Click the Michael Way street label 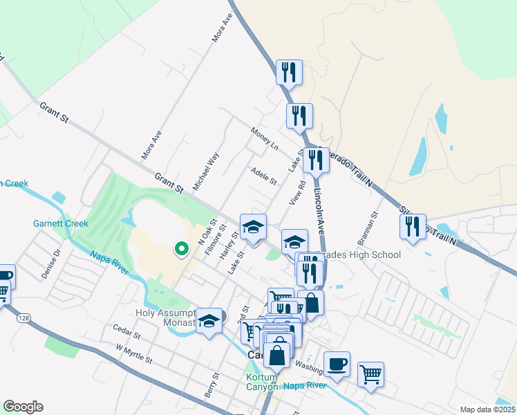206,172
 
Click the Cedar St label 127,335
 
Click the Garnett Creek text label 61,223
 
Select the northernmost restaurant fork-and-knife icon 288,71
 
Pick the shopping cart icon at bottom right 370,373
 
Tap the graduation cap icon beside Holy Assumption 209,320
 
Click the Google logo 23,407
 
